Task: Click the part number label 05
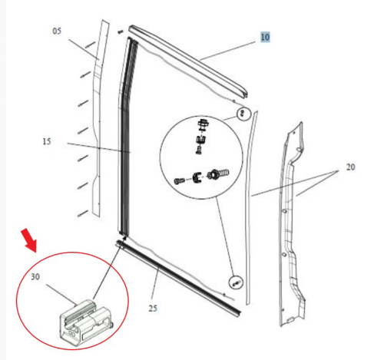(x=56, y=31)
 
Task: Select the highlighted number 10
(x=265, y=37)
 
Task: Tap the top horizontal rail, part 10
(x=188, y=57)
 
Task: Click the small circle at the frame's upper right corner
(x=243, y=114)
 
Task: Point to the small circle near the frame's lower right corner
(x=236, y=282)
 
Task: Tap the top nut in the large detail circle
(x=204, y=124)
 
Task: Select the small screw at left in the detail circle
(x=180, y=180)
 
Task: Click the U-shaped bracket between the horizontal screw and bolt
(x=197, y=178)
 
